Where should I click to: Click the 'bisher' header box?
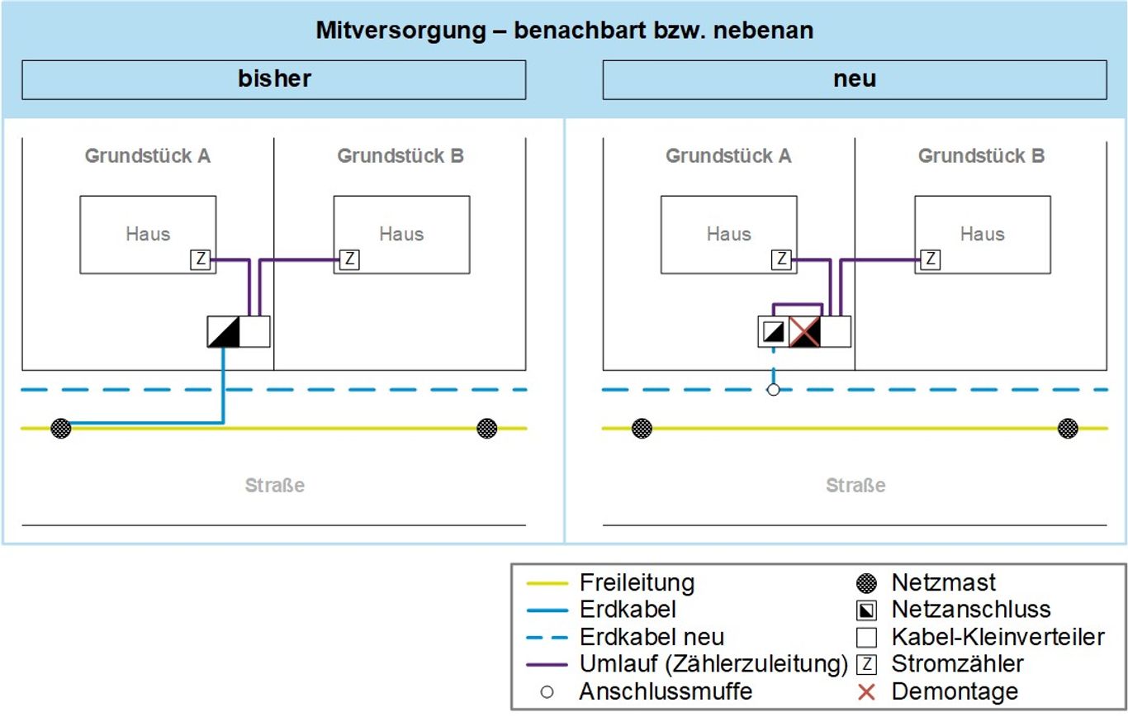[273, 79]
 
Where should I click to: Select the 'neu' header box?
[855, 79]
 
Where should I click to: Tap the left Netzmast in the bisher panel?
[61, 429]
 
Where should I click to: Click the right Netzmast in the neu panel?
[1068, 429]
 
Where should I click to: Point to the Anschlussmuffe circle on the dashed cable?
[773, 389]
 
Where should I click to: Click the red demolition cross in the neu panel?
[805, 332]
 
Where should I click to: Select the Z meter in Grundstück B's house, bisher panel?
[349, 259]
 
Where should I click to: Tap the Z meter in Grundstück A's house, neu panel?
[780, 259]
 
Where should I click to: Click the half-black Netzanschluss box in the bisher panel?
[223, 332]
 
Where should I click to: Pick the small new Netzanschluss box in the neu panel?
[773, 332]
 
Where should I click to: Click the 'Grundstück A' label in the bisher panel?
[148, 155]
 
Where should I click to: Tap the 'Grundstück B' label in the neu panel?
[981, 155]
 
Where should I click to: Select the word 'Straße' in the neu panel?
[855, 486]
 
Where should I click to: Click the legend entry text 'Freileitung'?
[637, 582]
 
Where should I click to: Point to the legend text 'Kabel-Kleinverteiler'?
[998, 637]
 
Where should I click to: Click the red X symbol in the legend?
[866, 691]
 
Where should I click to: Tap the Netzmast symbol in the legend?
[866, 583]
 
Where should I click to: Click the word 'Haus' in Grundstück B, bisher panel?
[401, 234]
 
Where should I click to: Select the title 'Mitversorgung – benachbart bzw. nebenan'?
[564, 31]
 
